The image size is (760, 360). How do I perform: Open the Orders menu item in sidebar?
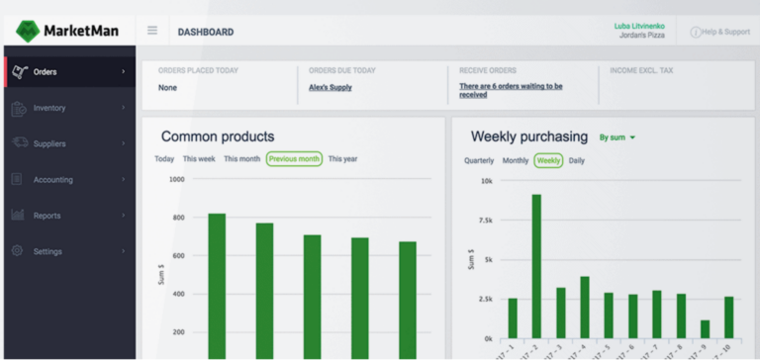46,71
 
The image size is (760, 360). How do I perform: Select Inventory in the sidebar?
49,108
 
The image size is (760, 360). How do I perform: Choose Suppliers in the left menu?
49,143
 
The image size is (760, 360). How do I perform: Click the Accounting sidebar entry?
51,179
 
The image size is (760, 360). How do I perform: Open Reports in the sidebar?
47,216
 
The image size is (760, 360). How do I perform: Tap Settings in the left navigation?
47,251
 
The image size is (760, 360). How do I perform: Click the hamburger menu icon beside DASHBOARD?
152,31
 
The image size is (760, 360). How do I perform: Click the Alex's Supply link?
331,87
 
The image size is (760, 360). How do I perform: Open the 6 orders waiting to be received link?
511,90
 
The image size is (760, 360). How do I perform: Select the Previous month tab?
294,159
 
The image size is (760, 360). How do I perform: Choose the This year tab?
343,159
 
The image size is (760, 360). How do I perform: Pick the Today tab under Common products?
164,159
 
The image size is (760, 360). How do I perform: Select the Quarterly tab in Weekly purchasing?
479,160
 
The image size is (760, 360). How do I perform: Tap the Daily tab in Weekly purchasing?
577,160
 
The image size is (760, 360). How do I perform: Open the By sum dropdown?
617,137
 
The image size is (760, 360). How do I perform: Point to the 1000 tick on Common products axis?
176,179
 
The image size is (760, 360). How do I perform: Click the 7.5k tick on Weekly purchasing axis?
485,221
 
